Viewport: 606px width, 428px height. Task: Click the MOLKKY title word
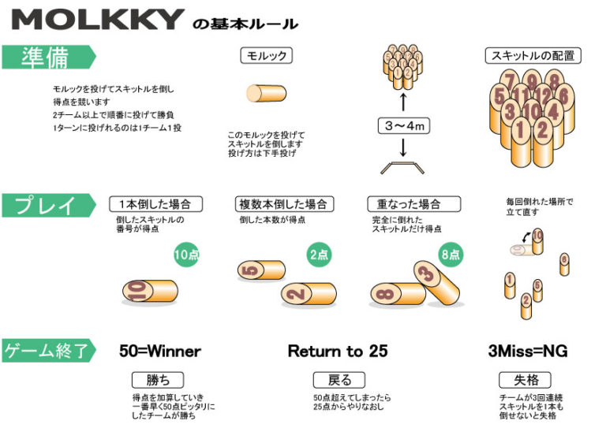click(x=99, y=20)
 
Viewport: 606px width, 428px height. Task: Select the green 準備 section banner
click(x=47, y=57)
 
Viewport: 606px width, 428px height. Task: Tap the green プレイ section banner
click(x=47, y=206)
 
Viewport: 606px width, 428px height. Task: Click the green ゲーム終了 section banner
click(x=47, y=350)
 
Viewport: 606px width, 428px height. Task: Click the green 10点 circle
click(x=189, y=255)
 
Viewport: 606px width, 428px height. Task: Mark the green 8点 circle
click(x=451, y=255)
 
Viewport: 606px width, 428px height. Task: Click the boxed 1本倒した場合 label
click(x=155, y=204)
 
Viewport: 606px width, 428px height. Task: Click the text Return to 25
click(x=338, y=351)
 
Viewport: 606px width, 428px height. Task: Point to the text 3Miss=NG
click(x=528, y=351)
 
